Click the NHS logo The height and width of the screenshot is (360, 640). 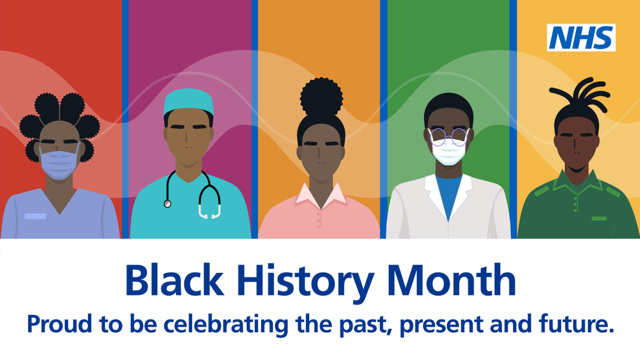(581, 38)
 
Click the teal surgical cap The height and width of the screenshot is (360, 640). (189, 102)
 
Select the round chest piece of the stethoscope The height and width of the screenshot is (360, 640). (167, 204)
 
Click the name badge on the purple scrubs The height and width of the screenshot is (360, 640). (35, 216)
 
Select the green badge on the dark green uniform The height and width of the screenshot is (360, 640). (599, 219)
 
